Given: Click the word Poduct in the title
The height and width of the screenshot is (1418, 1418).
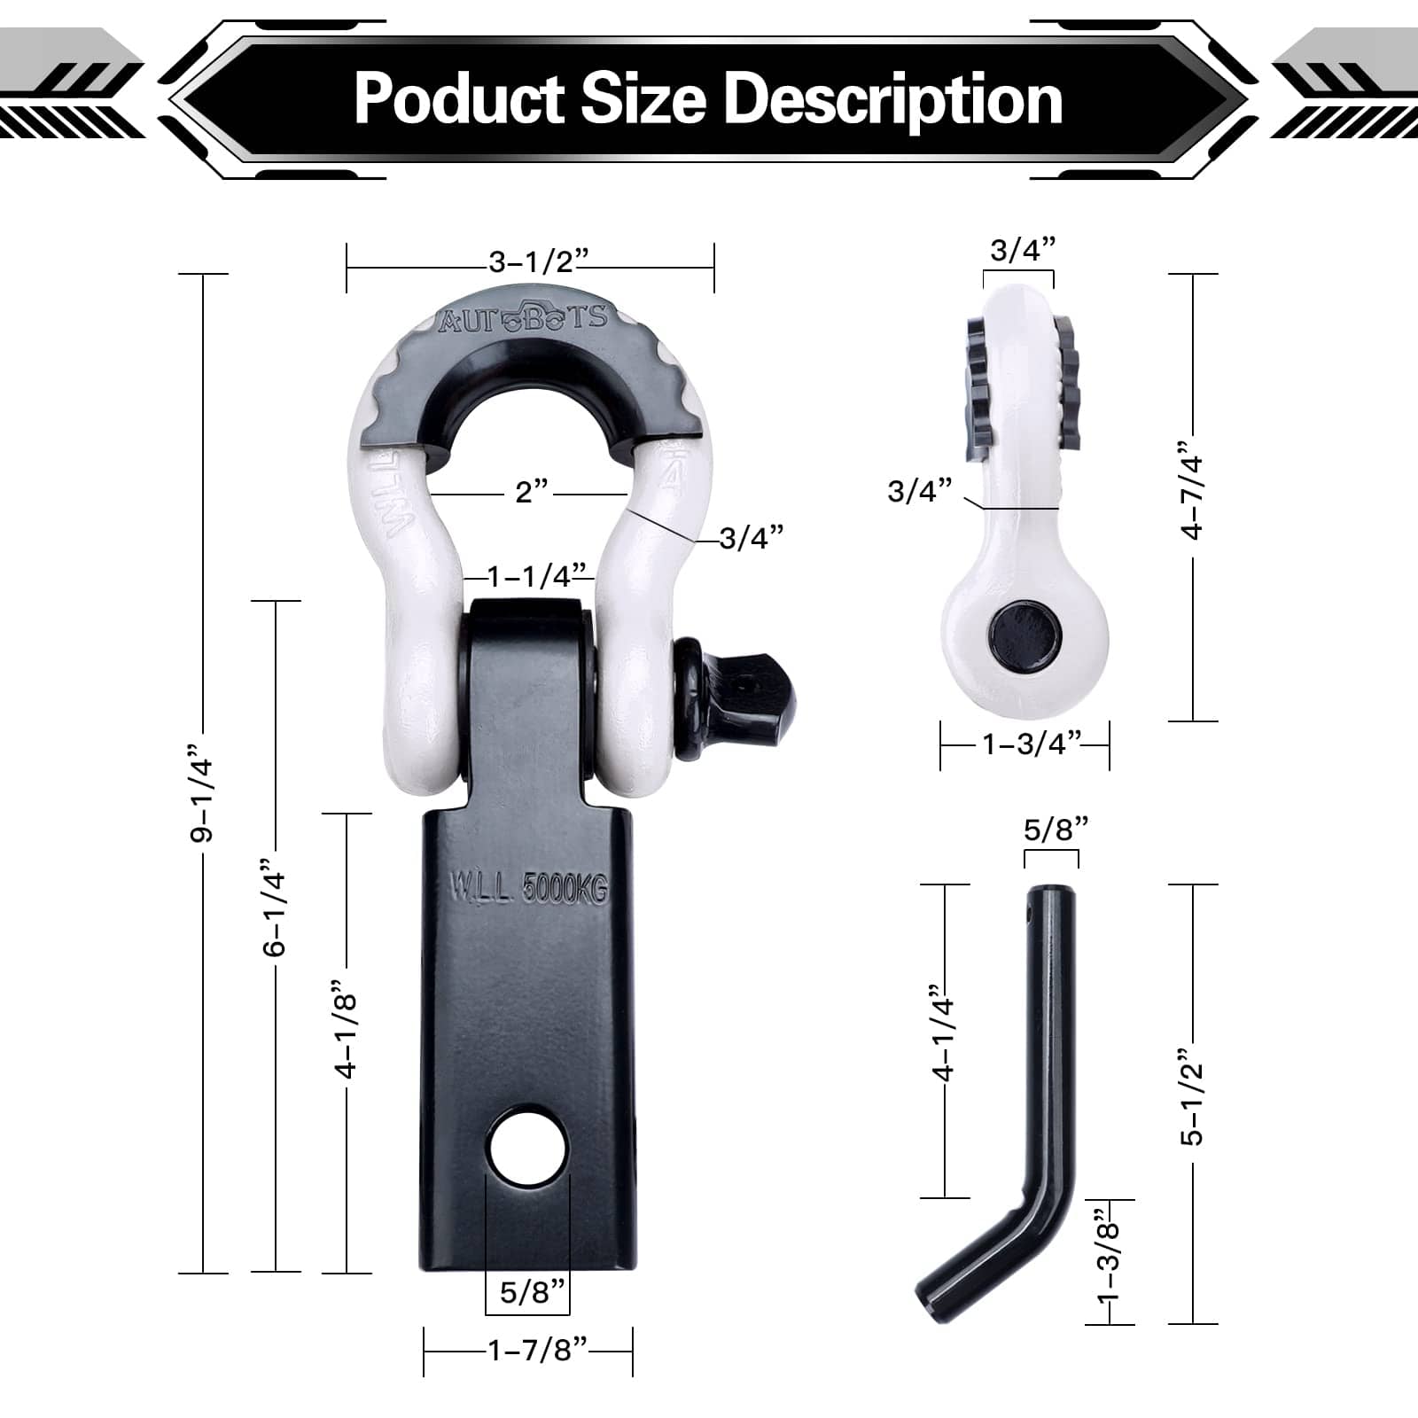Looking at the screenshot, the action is (x=460, y=98).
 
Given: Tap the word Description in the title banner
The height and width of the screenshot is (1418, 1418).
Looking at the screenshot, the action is (x=893, y=100).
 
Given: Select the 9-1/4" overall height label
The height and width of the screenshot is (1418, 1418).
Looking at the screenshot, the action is (x=203, y=800).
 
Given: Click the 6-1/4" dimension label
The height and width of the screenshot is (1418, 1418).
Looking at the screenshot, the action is (x=276, y=906).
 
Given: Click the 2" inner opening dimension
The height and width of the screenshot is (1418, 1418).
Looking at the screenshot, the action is (x=532, y=491).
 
